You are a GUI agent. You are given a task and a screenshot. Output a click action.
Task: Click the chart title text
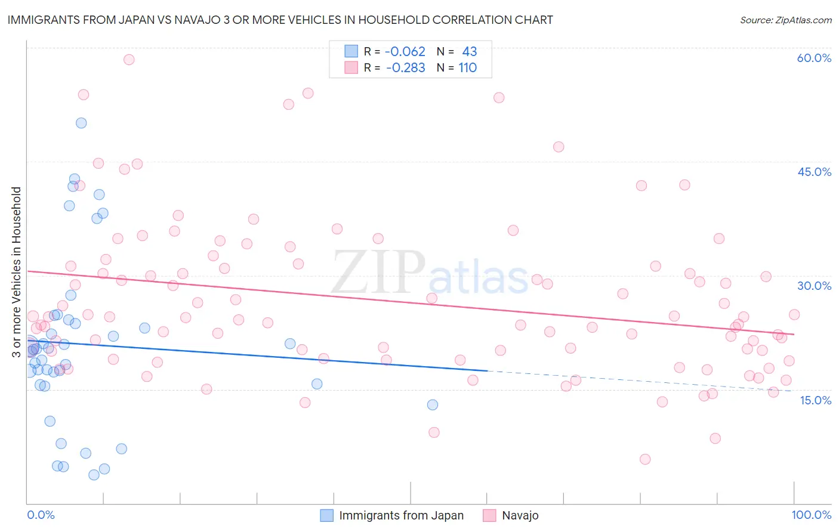(x=280, y=20)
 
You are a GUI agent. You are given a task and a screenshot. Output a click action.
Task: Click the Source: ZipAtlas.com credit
(x=785, y=20)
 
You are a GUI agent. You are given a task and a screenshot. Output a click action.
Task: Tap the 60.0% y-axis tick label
(x=814, y=58)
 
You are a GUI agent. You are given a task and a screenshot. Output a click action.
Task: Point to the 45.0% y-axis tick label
(x=814, y=172)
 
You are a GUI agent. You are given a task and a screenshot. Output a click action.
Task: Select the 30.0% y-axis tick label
(x=814, y=286)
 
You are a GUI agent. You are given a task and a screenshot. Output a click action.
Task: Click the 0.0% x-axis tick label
(x=41, y=515)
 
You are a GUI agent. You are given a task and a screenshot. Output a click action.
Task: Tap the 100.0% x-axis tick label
(x=811, y=515)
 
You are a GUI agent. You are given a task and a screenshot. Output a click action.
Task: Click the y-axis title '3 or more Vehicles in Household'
(x=16, y=272)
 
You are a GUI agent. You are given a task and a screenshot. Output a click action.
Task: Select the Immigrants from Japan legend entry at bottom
(x=392, y=516)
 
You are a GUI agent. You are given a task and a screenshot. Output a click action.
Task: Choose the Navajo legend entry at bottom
(x=511, y=516)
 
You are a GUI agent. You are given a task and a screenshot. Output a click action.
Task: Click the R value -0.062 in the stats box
(x=405, y=52)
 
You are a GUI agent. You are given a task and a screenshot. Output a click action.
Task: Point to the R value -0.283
(x=405, y=68)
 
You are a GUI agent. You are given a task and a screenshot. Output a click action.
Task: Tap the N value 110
(x=468, y=68)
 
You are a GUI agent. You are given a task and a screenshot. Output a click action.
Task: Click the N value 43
(x=470, y=52)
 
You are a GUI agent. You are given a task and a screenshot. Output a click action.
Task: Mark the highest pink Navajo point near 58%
(x=129, y=60)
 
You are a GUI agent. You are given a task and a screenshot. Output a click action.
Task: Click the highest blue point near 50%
(x=81, y=123)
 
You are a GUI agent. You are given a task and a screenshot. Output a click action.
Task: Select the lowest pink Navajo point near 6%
(x=645, y=459)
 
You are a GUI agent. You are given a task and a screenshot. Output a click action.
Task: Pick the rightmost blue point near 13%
(x=433, y=405)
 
